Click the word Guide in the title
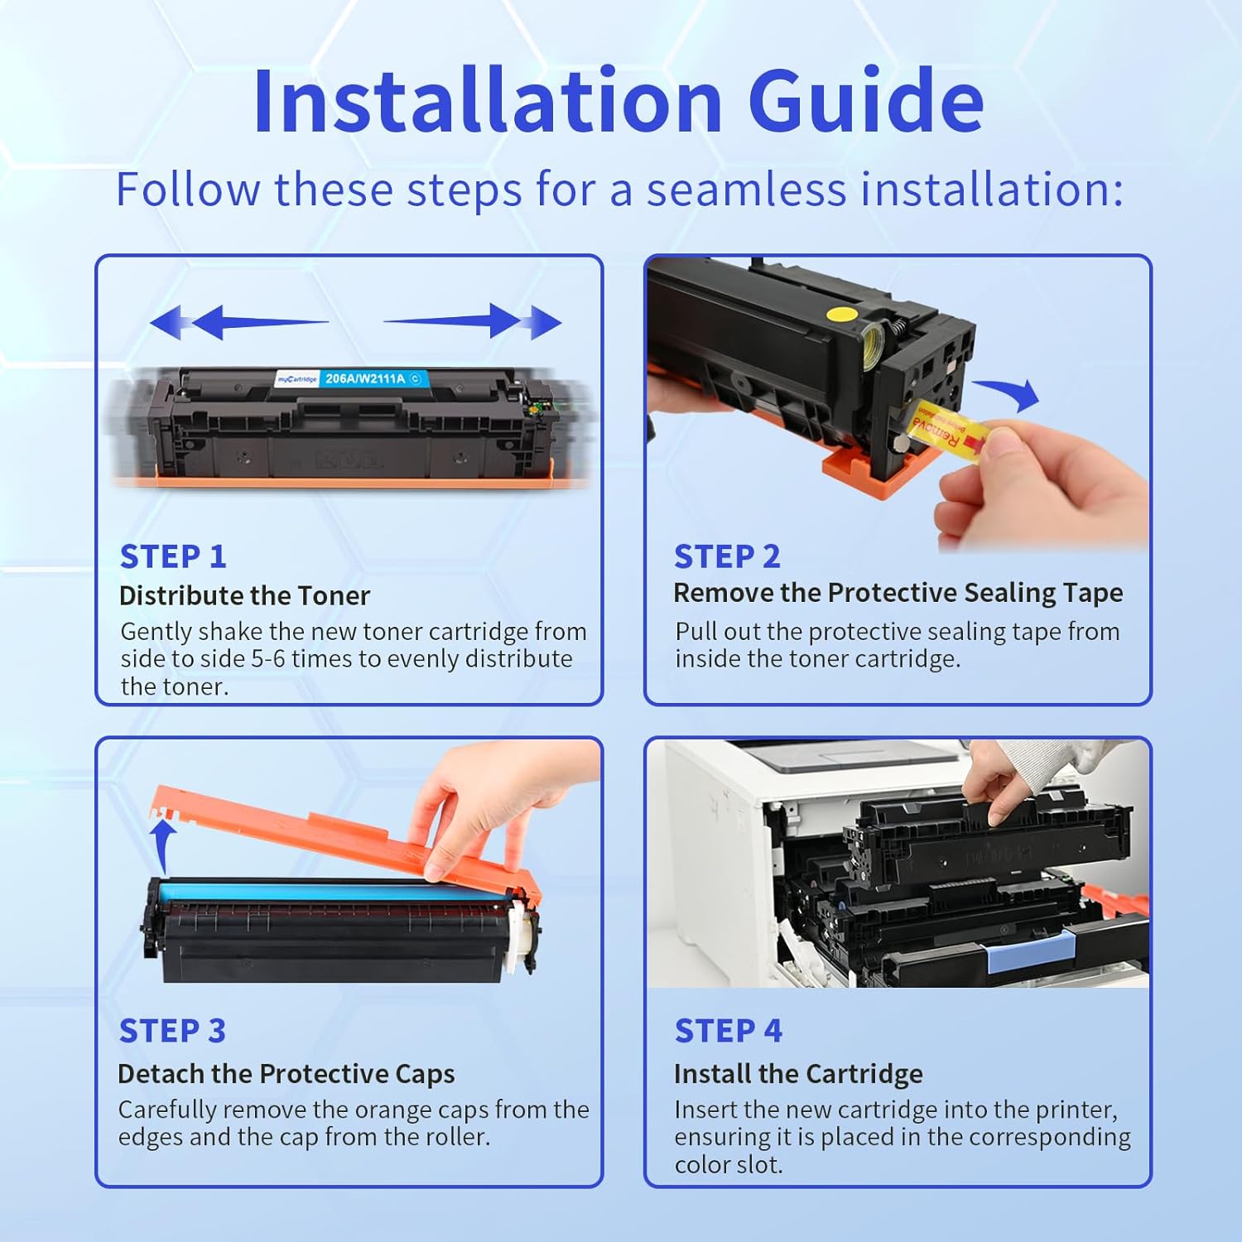click(866, 101)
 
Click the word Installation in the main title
click(488, 101)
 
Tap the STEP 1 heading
click(173, 556)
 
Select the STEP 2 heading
click(727, 556)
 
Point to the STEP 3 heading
click(172, 1031)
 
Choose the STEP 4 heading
click(728, 1031)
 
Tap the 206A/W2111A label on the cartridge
click(364, 378)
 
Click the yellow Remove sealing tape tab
click(944, 426)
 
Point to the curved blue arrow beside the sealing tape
click(1009, 393)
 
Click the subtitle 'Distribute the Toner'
click(244, 595)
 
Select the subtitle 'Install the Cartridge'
click(798, 1073)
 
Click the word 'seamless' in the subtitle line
click(746, 190)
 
